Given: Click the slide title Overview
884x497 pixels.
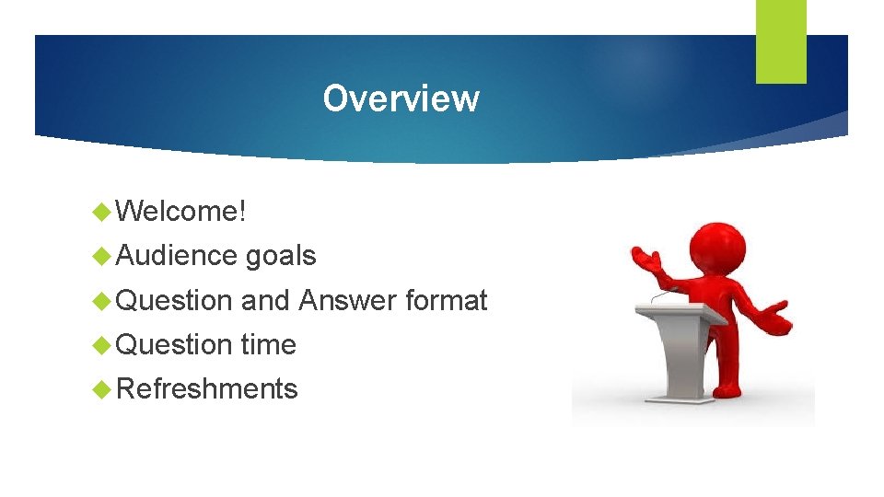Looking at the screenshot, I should coord(401,98).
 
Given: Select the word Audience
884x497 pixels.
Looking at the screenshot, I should coord(178,256).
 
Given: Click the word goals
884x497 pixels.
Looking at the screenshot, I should coord(281,256).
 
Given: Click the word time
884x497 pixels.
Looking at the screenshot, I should coord(268,345).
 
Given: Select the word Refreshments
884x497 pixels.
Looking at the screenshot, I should coord(207,389).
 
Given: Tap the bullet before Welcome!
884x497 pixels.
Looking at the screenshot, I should coord(103,213).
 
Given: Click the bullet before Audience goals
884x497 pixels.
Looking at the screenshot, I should coord(103,257).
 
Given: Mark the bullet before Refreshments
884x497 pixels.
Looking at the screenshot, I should coord(103,390).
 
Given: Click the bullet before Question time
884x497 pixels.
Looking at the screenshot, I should coord(103,346).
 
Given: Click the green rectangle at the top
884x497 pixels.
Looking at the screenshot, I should coord(781,40).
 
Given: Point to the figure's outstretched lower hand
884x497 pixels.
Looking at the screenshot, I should coord(776,318).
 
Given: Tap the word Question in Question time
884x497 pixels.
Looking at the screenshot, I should coord(175,345).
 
